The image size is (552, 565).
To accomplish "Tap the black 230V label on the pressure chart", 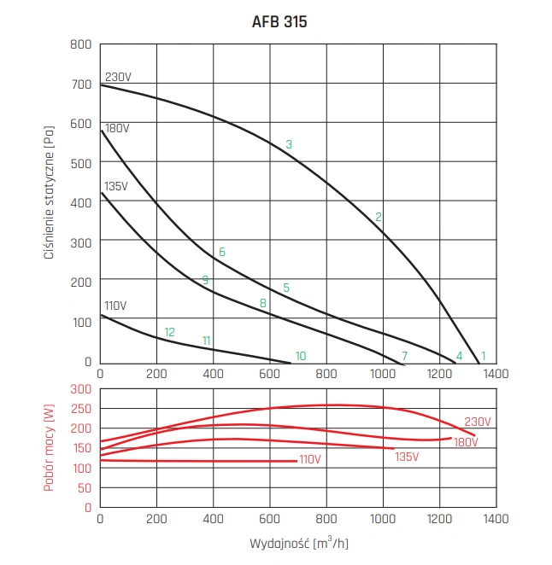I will (118, 77).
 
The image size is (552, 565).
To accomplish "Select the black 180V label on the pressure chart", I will (117, 128).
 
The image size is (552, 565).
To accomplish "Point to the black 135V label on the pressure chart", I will (115, 186).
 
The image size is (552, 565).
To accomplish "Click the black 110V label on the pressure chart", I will (115, 306).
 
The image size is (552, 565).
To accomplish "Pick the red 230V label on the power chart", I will (478, 422).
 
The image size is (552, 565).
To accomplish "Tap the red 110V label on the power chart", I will (309, 460).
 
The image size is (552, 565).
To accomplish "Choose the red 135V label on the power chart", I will (407, 457).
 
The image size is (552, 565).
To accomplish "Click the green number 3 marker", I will (289, 144).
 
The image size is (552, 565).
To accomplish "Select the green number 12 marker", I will (169, 332).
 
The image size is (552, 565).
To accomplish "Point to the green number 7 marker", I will (405, 356).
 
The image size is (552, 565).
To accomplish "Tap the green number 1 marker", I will (483, 356).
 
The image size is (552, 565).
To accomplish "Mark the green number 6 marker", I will (221, 252).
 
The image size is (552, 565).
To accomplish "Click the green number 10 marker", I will (300, 356).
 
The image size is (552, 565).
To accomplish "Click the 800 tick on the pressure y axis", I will (80, 44).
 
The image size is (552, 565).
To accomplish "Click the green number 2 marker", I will (378, 217).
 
